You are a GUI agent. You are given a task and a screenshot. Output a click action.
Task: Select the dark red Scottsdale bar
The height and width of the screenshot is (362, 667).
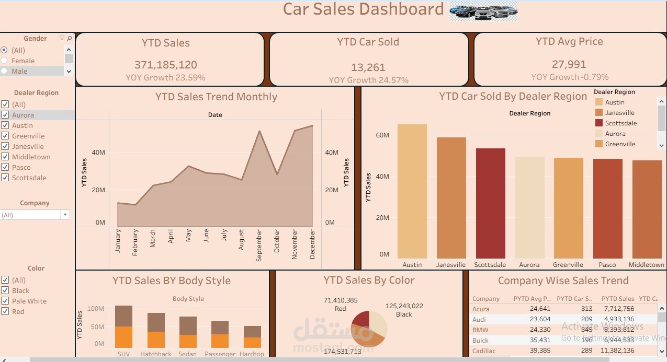click(490, 203)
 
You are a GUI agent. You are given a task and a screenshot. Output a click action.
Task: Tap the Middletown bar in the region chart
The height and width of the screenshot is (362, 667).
click(647, 209)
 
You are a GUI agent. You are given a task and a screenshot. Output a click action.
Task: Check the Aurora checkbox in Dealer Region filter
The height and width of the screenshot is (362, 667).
click(5, 115)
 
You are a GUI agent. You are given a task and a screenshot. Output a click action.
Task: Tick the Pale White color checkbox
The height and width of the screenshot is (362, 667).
click(5, 301)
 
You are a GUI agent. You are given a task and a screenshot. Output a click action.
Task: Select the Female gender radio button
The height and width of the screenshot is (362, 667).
click(4, 61)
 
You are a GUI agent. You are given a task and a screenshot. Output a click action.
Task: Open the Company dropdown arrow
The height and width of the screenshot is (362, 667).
click(65, 215)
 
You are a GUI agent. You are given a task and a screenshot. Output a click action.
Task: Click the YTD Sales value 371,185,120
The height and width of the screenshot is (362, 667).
click(166, 65)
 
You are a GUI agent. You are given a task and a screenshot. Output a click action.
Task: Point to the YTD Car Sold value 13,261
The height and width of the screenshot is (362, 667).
click(368, 67)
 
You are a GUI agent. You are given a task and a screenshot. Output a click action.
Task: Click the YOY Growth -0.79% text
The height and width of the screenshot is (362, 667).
click(570, 77)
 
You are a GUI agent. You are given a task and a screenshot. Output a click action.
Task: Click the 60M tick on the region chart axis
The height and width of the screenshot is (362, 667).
click(382, 135)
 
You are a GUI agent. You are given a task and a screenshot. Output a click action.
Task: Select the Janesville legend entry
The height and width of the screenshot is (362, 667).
click(619, 113)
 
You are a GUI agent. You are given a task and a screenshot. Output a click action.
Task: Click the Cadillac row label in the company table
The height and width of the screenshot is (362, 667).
click(483, 351)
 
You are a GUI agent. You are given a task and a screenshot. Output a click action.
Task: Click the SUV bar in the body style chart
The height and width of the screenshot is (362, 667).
click(123, 326)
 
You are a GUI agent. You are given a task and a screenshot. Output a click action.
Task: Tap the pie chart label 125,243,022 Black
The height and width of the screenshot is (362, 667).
click(404, 310)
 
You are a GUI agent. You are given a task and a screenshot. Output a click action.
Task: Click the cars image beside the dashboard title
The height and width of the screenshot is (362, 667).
click(483, 10)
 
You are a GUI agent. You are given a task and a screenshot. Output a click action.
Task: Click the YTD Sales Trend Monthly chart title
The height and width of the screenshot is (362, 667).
click(216, 97)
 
